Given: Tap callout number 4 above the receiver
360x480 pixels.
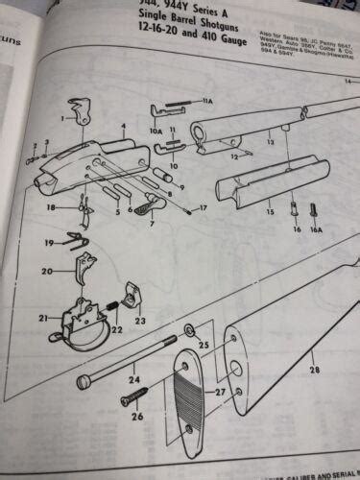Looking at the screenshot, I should tap(123, 126).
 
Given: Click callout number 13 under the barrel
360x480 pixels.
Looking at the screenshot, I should tap(271, 141).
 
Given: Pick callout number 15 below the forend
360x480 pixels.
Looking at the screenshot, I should tap(271, 209).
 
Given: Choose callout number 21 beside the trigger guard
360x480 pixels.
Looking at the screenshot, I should tap(42, 318).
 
